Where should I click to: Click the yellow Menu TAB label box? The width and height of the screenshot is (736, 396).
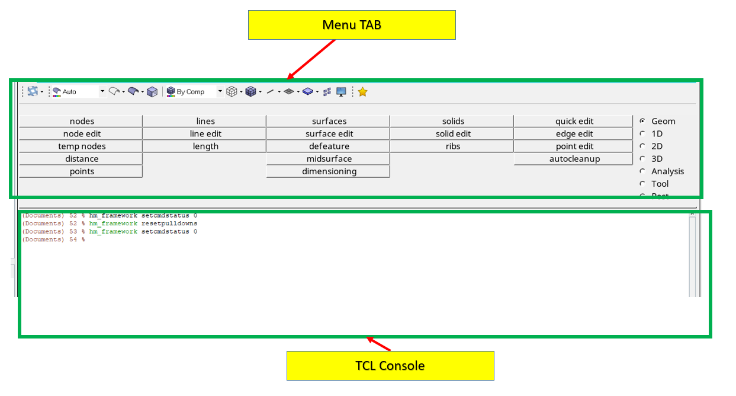tap(352, 25)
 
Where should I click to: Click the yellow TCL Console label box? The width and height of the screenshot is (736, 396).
tap(390, 365)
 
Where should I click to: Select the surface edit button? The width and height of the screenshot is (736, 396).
tap(329, 134)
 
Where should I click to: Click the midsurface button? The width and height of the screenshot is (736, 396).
tap(329, 159)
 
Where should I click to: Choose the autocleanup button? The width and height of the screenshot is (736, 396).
tap(574, 159)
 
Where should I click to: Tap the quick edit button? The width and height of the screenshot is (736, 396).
tap(574, 122)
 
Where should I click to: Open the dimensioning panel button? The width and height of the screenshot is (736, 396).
tap(329, 171)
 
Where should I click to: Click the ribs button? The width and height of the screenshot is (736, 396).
tap(452, 146)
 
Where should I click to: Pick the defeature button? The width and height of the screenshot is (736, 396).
tap(329, 146)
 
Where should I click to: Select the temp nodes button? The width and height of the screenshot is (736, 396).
tap(82, 146)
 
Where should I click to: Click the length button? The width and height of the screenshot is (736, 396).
tap(205, 146)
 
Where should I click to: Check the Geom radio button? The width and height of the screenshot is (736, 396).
tap(642, 121)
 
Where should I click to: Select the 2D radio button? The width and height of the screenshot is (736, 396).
tap(642, 146)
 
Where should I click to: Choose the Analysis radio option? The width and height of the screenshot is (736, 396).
tap(642, 171)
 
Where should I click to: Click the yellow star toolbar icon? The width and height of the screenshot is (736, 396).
tap(363, 92)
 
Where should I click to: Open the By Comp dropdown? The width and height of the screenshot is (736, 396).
tap(220, 92)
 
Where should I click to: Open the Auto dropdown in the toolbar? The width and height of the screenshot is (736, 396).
tap(102, 92)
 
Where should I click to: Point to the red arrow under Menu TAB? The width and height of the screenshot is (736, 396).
tap(311, 59)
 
